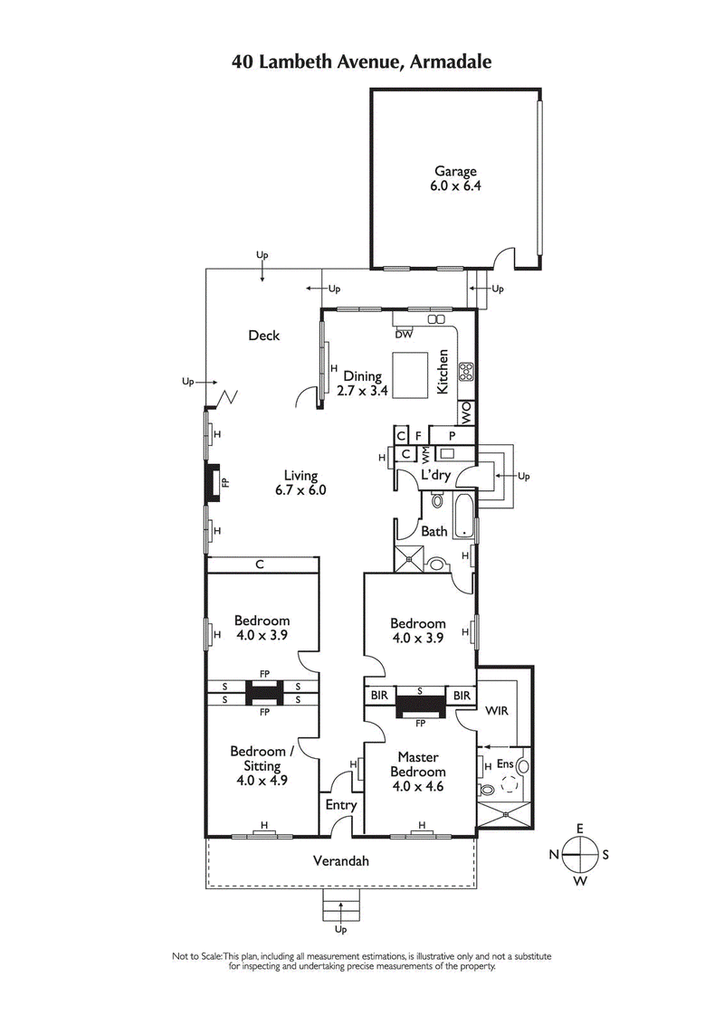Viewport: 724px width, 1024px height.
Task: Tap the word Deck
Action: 264,336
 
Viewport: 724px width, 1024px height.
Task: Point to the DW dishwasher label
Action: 404,334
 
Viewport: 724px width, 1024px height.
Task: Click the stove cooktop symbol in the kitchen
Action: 467,370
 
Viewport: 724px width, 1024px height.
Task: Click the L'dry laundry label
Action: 434,475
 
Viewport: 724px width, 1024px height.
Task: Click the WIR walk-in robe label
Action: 497,711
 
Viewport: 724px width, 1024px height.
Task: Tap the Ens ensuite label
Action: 504,764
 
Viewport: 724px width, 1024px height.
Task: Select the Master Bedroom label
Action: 417,764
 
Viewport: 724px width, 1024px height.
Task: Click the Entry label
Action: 340,804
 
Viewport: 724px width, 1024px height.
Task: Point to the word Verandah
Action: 340,861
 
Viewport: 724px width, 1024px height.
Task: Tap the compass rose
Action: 580,853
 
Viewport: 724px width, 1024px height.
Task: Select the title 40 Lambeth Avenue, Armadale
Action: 362,62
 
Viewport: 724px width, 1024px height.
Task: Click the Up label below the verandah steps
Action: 340,929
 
